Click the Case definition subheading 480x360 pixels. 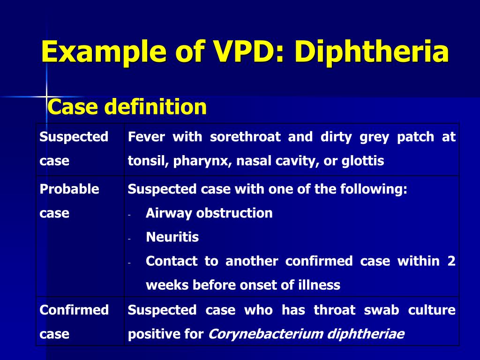point(127,107)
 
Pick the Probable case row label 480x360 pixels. point(69,201)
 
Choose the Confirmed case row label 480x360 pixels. point(74,322)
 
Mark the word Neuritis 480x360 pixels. point(172,237)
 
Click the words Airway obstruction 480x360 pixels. point(209,213)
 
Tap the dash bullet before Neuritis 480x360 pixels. point(130,238)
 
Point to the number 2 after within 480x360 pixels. point(451,261)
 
